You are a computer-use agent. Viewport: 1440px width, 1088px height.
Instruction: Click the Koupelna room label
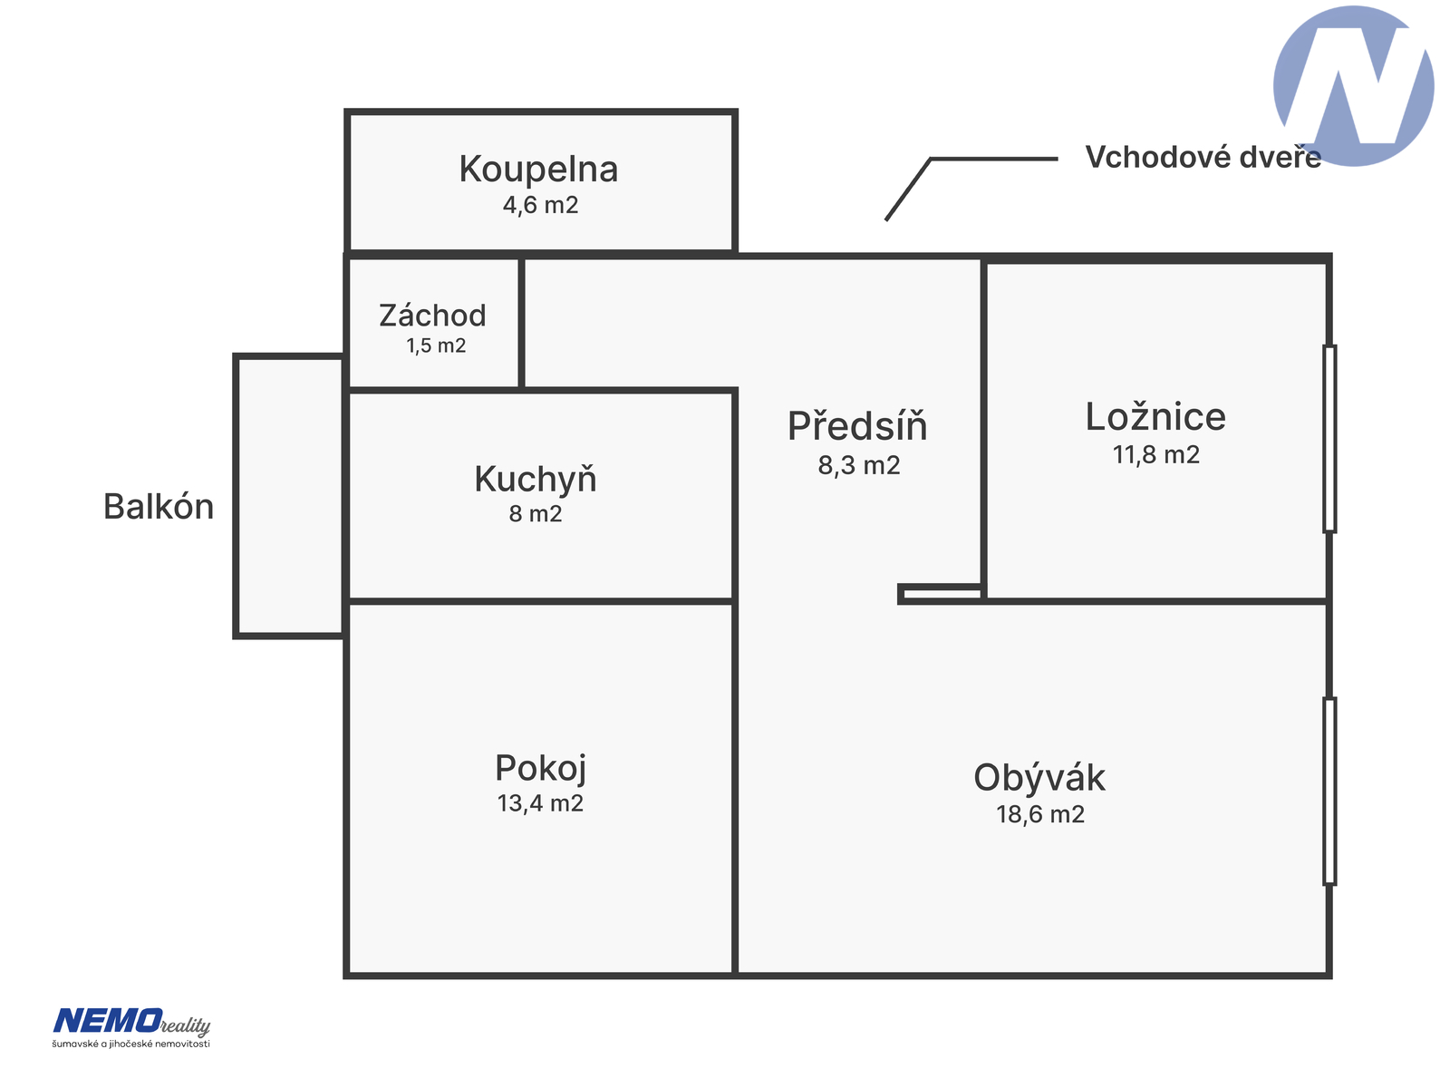(538, 170)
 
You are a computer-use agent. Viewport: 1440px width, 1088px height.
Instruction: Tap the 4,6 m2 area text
(540, 206)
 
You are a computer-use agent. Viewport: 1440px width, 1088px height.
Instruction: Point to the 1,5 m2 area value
(436, 345)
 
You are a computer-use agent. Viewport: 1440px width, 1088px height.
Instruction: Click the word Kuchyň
(536, 480)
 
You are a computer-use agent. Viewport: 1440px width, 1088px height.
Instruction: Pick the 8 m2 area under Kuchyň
(536, 514)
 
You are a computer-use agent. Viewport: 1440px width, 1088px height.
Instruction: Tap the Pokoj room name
(540, 767)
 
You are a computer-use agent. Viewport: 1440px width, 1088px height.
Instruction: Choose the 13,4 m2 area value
(540, 803)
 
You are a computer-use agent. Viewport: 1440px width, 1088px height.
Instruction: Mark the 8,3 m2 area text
(858, 465)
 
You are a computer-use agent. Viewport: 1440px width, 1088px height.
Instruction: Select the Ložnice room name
(1155, 417)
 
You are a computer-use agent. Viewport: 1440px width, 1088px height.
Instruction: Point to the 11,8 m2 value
(1155, 455)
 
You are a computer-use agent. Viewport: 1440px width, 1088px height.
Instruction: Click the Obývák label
(1039, 777)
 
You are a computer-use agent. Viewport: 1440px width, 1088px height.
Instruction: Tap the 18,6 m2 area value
(1039, 814)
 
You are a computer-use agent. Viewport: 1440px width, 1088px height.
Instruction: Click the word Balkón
(159, 506)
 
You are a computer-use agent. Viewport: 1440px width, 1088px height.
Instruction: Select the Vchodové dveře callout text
(1203, 157)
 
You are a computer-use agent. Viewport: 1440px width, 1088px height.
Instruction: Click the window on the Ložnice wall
(1329, 438)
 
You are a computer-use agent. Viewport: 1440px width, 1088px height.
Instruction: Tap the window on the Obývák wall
(1329, 791)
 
